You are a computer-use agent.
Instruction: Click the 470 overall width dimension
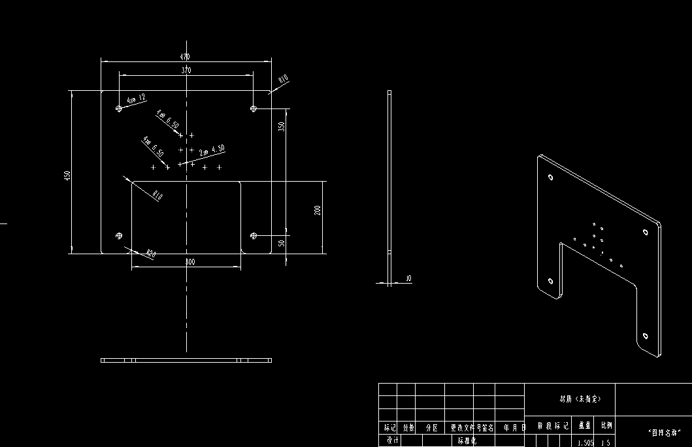[x=186, y=58]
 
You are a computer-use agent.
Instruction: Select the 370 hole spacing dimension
[x=186, y=70]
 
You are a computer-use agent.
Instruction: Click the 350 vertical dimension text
[x=282, y=125]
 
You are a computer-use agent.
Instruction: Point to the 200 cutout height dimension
[x=318, y=210]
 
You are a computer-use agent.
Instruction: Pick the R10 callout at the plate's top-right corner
[x=283, y=80]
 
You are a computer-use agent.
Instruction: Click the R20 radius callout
[x=151, y=253]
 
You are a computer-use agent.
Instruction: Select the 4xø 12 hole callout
[x=137, y=99]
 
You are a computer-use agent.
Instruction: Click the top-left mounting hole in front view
[x=119, y=108]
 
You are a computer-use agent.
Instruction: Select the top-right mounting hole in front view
[x=254, y=108]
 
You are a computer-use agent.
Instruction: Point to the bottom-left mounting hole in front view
[x=119, y=235]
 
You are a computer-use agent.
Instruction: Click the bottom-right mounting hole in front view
[x=254, y=235]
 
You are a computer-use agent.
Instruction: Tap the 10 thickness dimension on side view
[x=408, y=279]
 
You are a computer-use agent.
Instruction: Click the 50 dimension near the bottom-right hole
[x=282, y=242]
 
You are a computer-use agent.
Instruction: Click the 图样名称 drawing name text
[x=665, y=433]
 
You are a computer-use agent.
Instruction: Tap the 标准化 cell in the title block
[x=467, y=441]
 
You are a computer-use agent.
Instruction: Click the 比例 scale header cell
[x=607, y=425]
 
